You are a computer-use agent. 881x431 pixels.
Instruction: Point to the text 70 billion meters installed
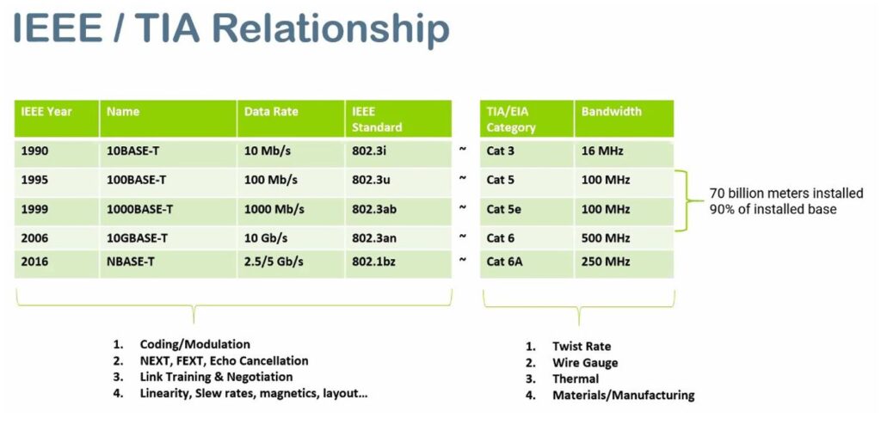(x=786, y=194)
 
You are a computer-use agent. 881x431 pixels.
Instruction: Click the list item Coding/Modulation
(x=195, y=344)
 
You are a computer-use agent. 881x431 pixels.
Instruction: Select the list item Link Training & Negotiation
(x=216, y=377)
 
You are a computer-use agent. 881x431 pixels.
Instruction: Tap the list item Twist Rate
(x=582, y=346)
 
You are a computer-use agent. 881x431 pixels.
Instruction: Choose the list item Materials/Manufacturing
(x=624, y=395)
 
